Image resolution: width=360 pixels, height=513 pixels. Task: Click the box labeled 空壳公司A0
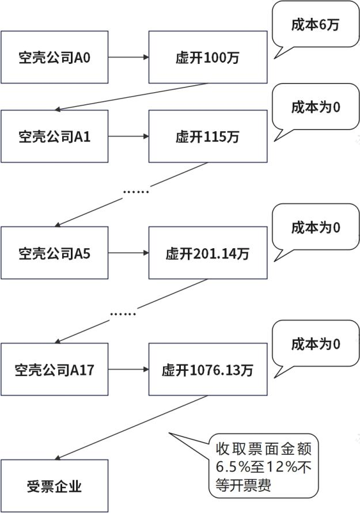click(54, 58)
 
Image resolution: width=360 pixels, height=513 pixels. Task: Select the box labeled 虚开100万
click(208, 58)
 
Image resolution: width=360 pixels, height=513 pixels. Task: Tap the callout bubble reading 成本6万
click(314, 26)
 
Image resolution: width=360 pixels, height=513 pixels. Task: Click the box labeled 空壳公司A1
click(54, 136)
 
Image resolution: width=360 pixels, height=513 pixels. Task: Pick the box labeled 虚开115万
click(208, 136)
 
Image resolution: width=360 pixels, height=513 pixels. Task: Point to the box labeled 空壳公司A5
click(54, 253)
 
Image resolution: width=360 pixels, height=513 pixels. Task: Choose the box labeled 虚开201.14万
click(208, 253)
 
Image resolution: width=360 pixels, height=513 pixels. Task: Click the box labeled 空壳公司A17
click(54, 370)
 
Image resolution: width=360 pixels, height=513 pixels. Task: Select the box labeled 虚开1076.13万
click(208, 370)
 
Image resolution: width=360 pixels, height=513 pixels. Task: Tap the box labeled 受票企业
click(54, 486)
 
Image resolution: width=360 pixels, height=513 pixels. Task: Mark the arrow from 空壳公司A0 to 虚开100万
click(128, 58)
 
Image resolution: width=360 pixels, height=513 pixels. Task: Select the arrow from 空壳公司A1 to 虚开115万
click(128, 136)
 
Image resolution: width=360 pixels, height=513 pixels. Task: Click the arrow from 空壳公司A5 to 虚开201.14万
click(128, 253)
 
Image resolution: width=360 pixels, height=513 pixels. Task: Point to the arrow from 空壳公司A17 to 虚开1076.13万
click(128, 370)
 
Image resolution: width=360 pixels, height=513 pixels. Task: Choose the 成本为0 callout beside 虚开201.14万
click(314, 227)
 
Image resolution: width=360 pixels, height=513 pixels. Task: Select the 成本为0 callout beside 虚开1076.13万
click(314, 344)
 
